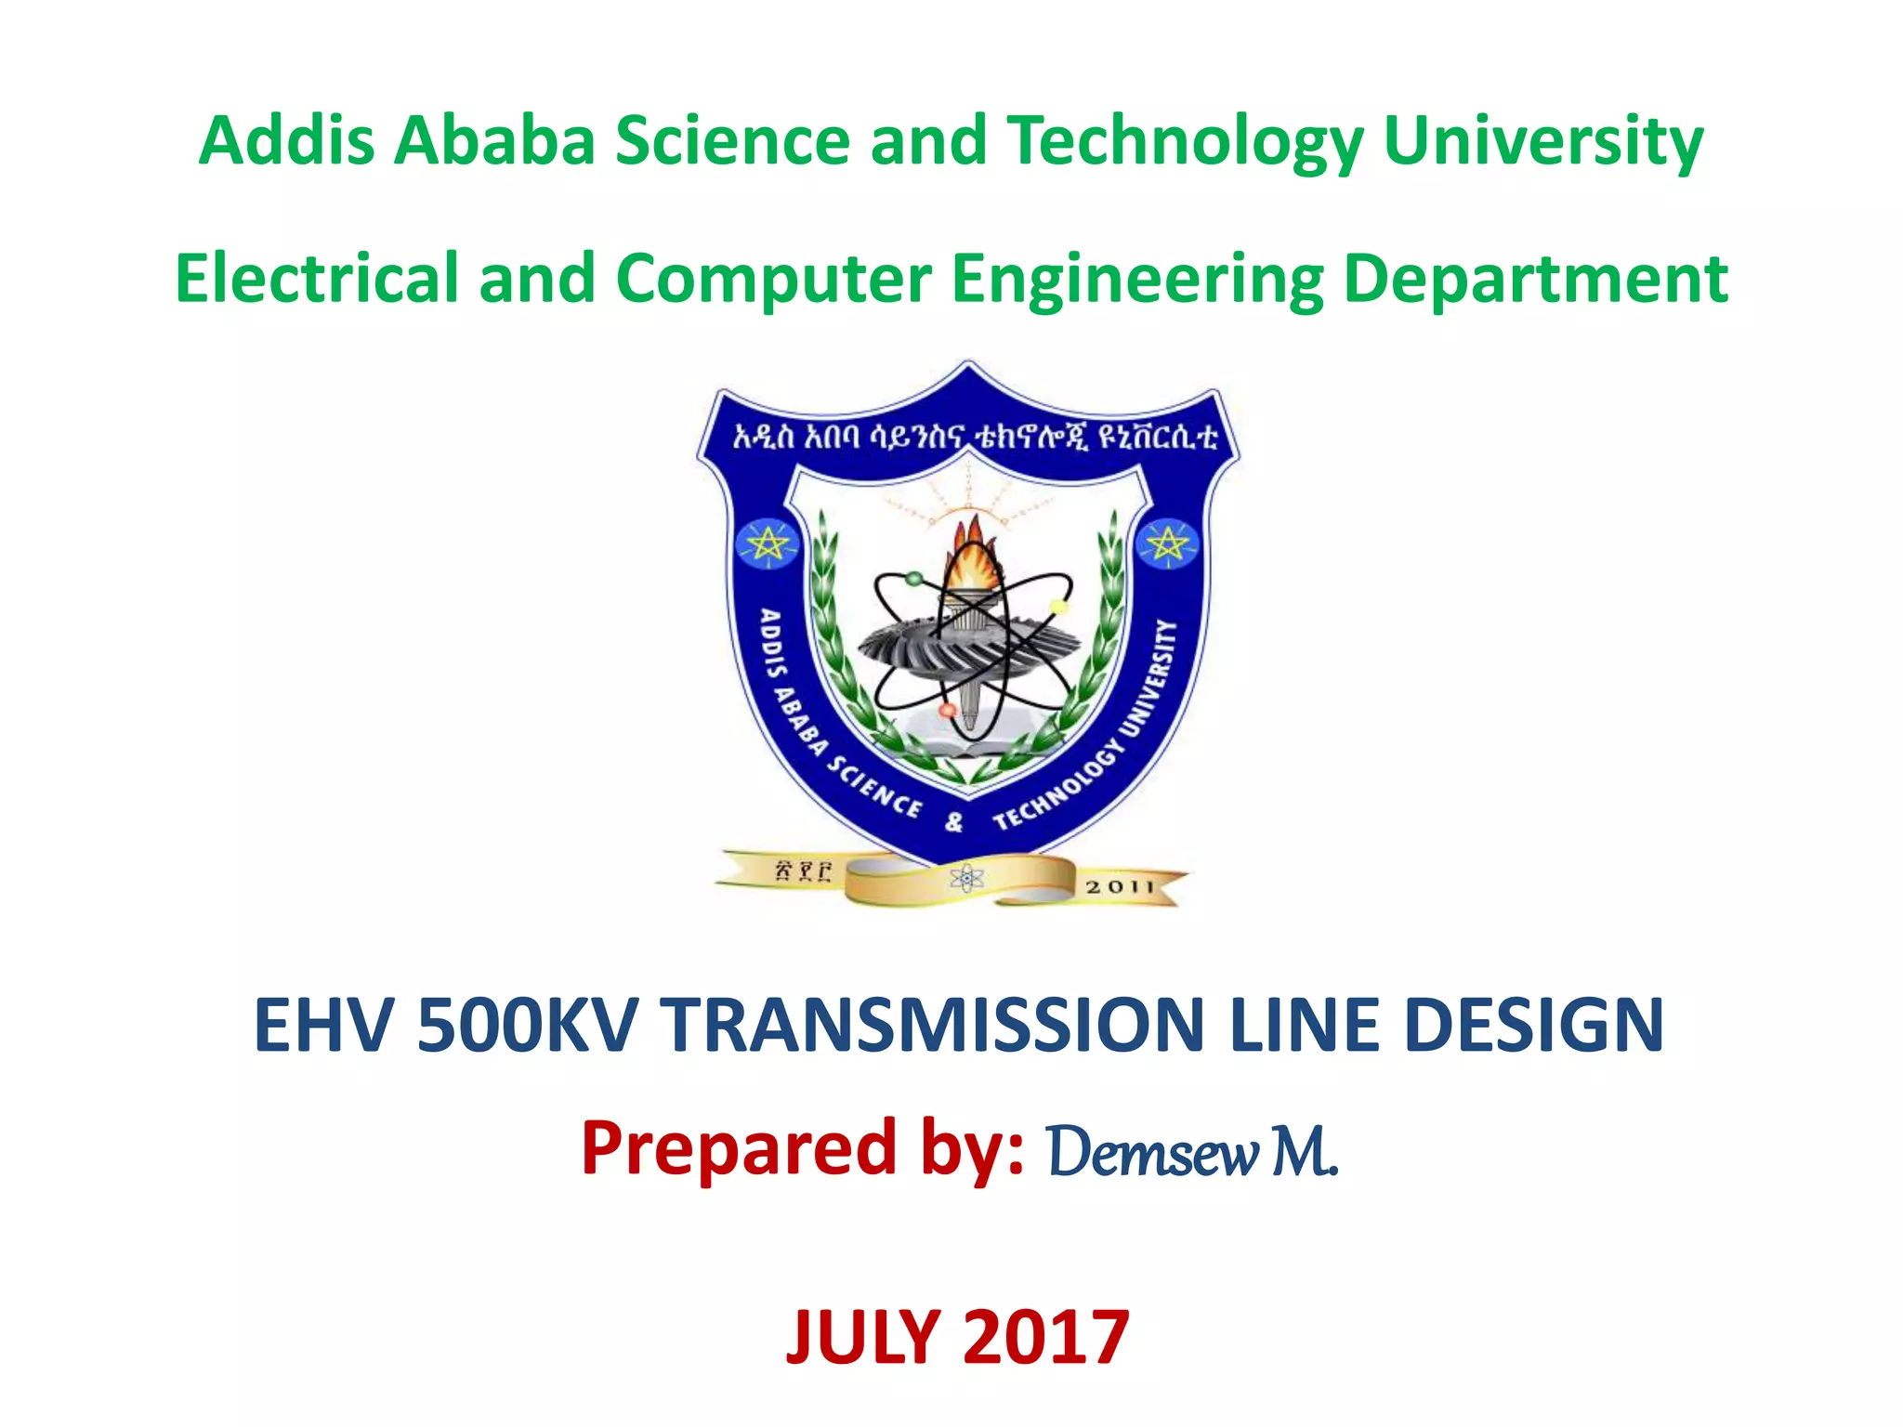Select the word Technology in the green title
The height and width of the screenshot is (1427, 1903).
1186,141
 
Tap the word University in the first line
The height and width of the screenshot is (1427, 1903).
1542,141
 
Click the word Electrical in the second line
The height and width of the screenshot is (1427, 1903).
316,279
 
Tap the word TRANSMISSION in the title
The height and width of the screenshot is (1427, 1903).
933,1026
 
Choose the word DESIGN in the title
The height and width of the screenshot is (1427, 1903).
1533,1026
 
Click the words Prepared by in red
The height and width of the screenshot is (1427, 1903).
803,1150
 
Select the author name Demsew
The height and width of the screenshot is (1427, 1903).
1152,1152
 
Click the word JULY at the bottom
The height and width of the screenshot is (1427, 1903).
862,1338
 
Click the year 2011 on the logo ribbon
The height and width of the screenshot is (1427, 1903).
1119,887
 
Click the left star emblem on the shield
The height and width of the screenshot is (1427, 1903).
767,544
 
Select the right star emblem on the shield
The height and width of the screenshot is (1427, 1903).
1168,544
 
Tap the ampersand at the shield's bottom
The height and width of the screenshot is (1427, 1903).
954,822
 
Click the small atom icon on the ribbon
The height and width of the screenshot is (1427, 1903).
966,878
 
